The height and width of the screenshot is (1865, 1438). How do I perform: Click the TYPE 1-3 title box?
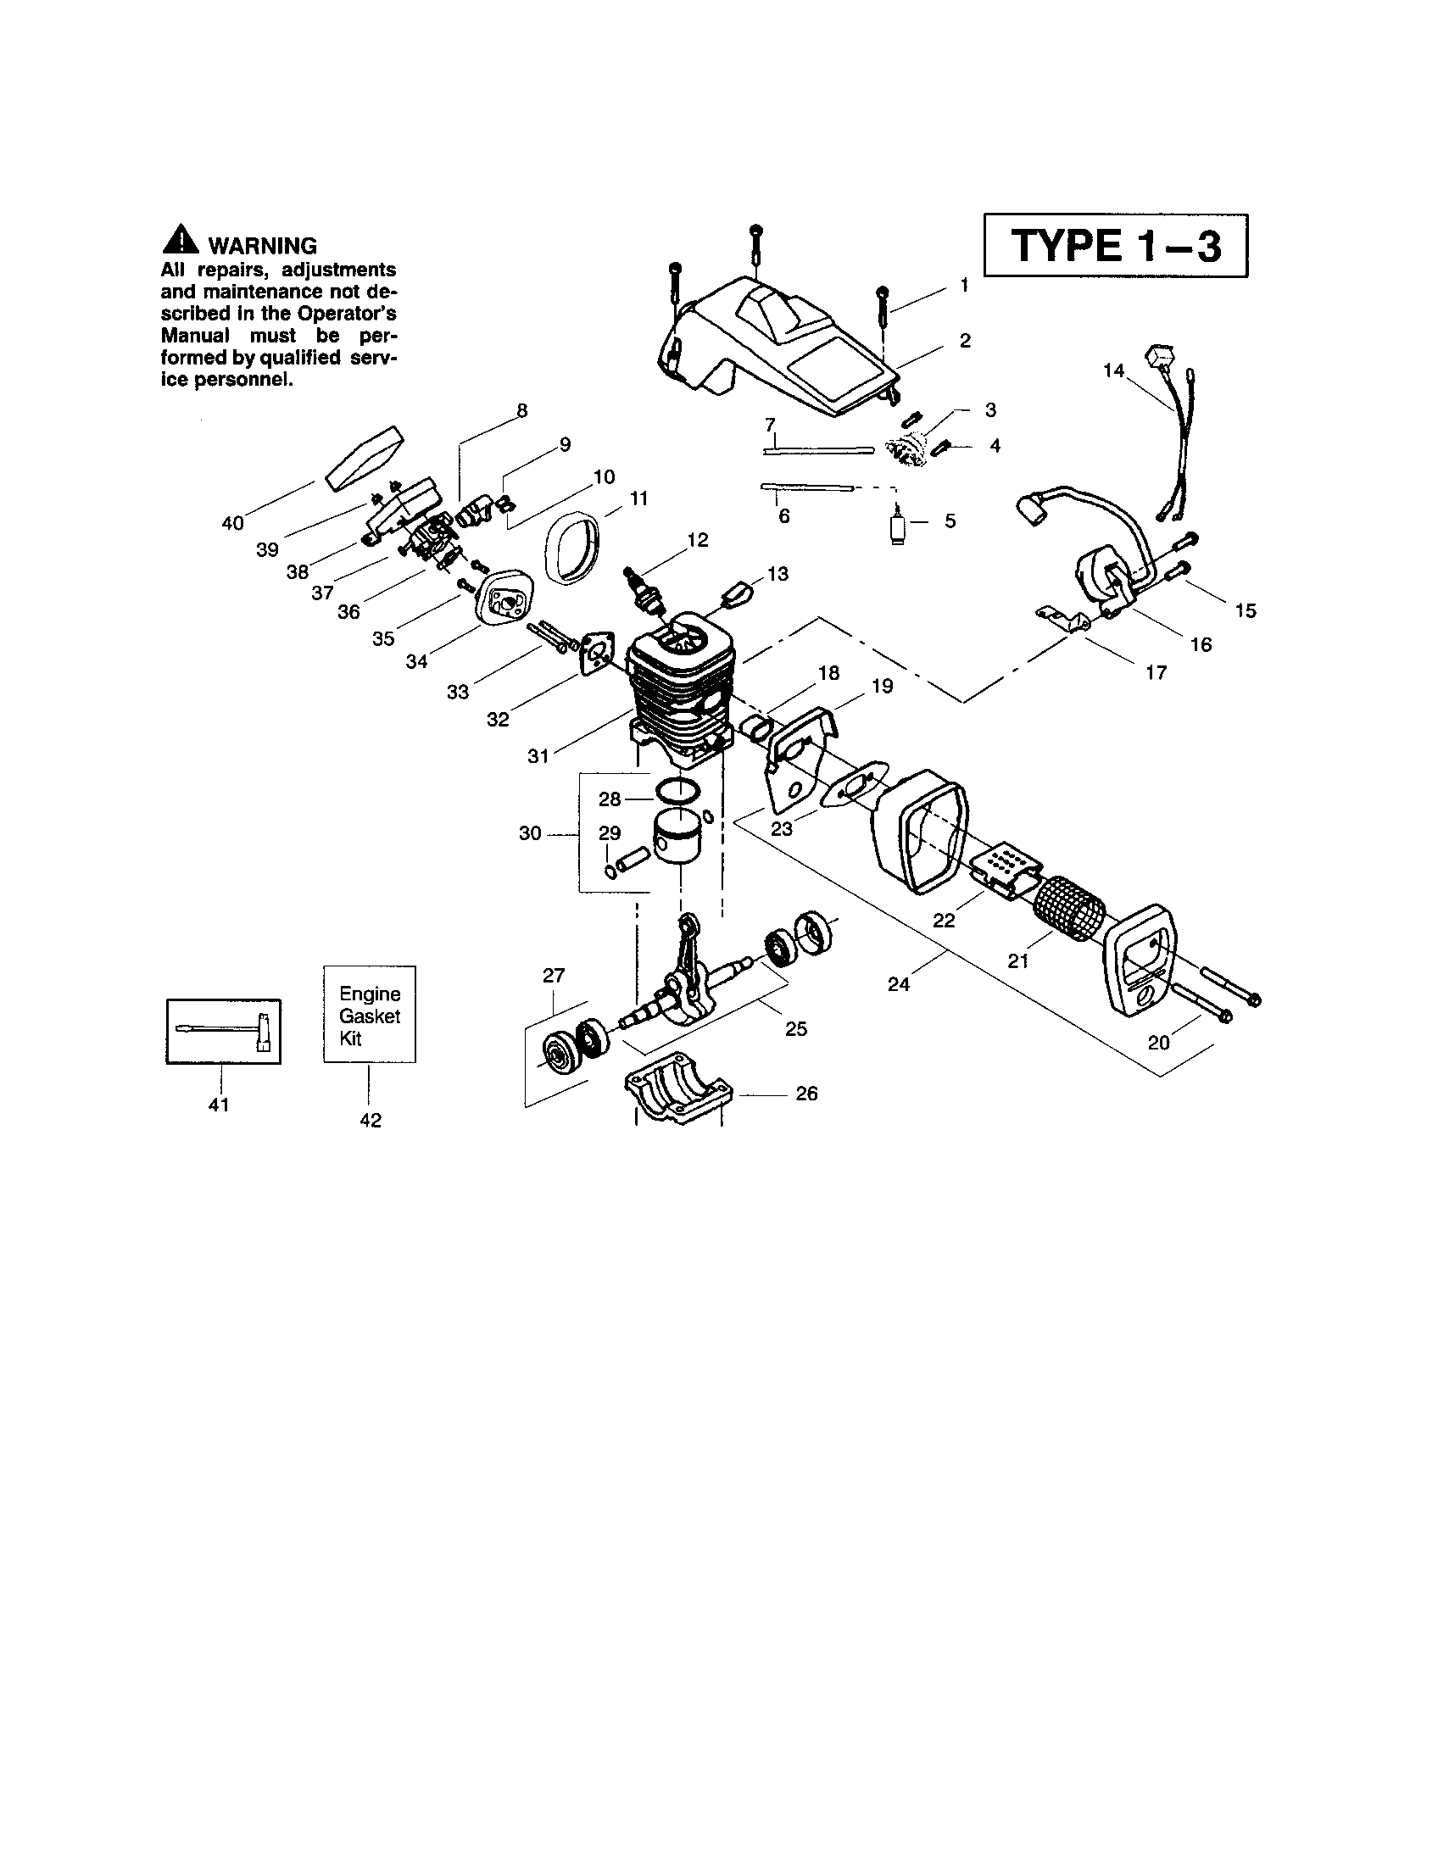(x=1115, y=246)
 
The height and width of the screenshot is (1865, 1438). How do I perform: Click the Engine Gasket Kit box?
(x=370, y=1015)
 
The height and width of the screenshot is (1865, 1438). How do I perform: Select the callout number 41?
(x=219, y=1105)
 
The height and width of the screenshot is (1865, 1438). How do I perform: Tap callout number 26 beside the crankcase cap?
(x=805, y=1093)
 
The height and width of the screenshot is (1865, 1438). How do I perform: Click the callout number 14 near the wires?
(x=1112, y=370)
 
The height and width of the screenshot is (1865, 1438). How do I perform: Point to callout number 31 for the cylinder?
(x=538, y=755)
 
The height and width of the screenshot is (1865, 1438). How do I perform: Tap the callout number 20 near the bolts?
(x=1158, y=1043)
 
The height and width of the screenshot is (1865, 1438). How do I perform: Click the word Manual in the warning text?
(x=196, y=336)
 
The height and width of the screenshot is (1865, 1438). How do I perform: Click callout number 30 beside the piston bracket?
(x=529, y=833)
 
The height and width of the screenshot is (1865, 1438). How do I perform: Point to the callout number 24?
(x=898, y=983)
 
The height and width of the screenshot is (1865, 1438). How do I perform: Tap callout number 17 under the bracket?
(x=1156, y=672)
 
